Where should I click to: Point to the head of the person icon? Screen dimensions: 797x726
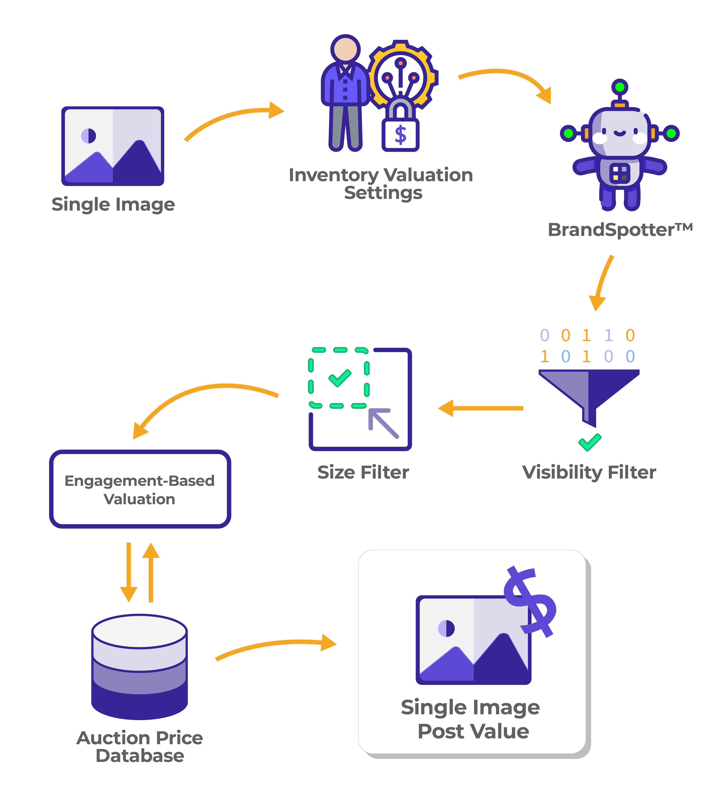click(x=345, y=49)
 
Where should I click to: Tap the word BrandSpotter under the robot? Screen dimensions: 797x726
click(x=611, y=230)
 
